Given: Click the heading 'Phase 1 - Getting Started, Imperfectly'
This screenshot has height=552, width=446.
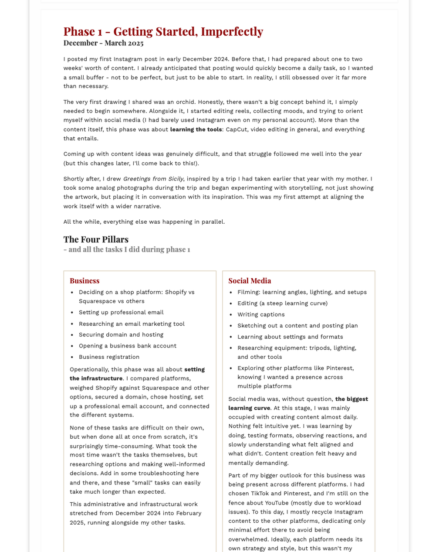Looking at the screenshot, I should point(163,31).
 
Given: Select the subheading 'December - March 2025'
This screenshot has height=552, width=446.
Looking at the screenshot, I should point(103,43).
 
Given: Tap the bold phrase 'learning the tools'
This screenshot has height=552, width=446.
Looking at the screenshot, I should point(196,129).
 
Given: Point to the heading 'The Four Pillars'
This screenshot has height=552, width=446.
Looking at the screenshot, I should point(96,239).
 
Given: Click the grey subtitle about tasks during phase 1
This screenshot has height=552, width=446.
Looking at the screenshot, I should point(127,249).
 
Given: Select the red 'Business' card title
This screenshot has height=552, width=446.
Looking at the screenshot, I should point(84,281).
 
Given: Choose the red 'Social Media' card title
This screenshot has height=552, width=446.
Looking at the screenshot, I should point(250,281).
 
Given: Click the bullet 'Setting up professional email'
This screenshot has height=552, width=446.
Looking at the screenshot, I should point(121,312).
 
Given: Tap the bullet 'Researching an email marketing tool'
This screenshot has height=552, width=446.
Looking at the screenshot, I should point(132,324).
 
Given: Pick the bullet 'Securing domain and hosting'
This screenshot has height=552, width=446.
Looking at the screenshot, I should point(121,334).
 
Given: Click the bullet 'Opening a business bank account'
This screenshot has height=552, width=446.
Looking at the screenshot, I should point(128,346).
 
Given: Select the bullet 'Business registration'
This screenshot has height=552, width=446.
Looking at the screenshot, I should point(109,357).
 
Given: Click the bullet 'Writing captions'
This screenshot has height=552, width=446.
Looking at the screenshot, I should point(261,314).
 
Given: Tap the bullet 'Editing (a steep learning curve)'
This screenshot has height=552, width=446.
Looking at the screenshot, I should point(282,303).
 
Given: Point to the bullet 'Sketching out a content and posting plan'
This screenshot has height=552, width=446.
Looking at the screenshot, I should point(297,325).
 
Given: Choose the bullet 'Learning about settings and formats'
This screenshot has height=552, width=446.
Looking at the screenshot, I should point(290,337).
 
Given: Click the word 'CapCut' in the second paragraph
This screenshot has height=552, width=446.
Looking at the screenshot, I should point(236,129).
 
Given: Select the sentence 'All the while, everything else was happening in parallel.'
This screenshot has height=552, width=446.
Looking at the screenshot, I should point(144,221).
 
